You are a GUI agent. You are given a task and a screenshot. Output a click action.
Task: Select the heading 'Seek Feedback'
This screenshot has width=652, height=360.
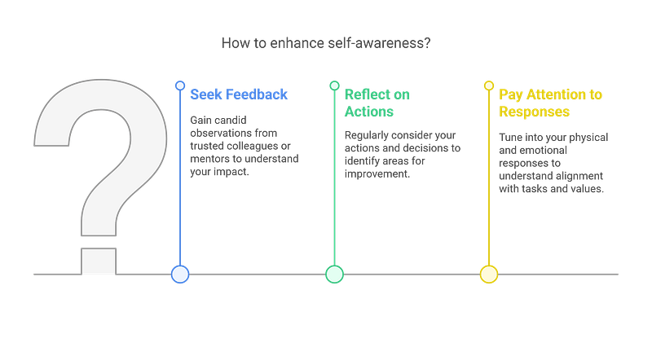pyautogui.click(x=238, y=94)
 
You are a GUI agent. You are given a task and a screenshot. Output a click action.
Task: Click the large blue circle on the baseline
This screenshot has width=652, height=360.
pyautogui.click(x=180, y=274)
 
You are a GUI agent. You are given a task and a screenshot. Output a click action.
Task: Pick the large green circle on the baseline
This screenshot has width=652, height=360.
pyautogui.click(x=334, y=274)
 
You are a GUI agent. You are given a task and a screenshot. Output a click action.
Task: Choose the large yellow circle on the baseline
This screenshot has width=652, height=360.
pyautogui.click(x=488, y=274)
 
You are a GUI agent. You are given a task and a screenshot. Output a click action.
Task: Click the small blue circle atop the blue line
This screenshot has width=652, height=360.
pyautogui.click(x=180, y=85)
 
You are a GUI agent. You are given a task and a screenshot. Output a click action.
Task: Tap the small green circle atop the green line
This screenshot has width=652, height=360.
pyautogui.click(x=334, y=85)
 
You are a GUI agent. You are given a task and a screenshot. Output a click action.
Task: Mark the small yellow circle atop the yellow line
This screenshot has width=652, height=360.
pyautogui.click(x=488, y=85)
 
